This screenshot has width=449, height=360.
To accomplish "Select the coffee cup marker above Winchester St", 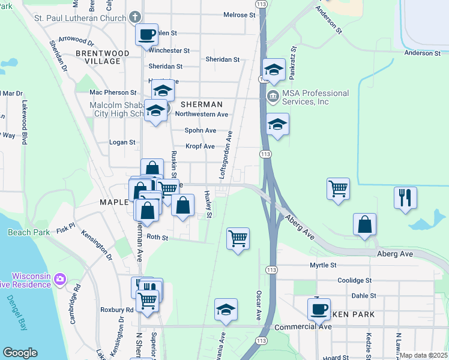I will point(146,34).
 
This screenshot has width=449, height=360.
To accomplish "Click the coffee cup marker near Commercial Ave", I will point(319,310).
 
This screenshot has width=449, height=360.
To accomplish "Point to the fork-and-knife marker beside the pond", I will point(405,197).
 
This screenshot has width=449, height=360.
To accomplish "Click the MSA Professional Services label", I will point(315,97).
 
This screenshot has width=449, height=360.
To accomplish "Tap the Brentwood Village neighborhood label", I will point(103,58).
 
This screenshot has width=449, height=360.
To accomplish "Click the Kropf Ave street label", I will point(200,146).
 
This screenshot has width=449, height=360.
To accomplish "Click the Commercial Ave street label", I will point(303,326).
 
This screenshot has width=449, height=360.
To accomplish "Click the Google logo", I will point(20,353).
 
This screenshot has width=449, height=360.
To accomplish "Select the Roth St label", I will point(157,237).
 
